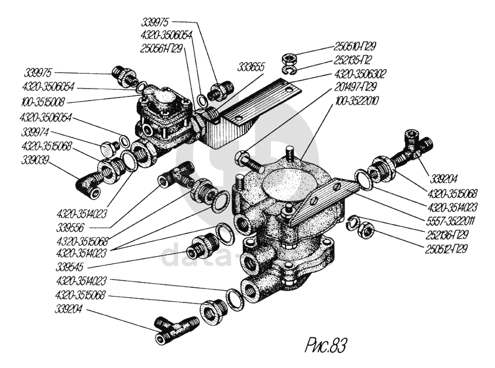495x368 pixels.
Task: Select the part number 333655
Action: point(250,68)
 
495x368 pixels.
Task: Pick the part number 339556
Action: point(82,226)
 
